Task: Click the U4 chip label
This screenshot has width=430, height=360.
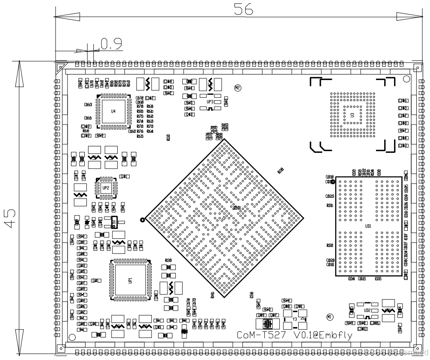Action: point(113,111)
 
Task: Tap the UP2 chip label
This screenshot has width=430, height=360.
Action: point(106,187)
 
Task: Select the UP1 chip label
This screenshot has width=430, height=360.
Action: point(130,280)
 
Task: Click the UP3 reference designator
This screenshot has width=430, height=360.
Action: point(210,102)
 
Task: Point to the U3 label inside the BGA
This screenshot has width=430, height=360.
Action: point(352,115)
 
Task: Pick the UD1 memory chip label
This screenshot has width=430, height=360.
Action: point(368,226)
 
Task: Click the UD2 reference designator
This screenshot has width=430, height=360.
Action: point(367,310)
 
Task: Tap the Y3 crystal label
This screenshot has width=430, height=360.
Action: point(294,319)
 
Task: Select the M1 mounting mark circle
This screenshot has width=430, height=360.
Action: point(329,317)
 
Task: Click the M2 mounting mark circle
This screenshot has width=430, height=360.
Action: point(238,87)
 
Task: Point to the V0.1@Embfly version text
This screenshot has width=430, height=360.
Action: point(323,336)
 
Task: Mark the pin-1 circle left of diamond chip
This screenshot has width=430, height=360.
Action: point(142,220)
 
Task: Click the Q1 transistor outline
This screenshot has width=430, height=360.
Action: point(114,222)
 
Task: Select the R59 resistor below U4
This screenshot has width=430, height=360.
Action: point(100,136)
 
